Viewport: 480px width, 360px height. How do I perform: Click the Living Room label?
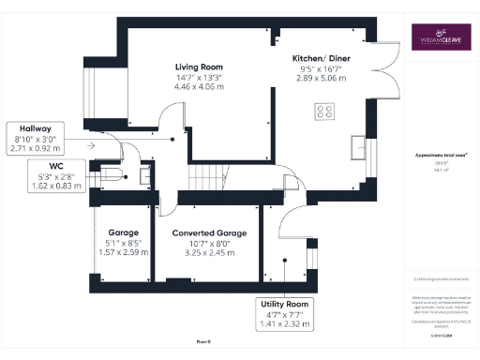[198, 67]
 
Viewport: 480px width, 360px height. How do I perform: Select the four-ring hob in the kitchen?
[324, 112]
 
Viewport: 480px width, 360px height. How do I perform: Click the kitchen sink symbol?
[359, 147]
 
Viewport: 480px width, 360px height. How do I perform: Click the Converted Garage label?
[209, 232]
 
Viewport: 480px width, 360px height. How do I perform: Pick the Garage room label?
[123, 232]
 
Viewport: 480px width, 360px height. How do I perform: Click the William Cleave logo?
[438, 39]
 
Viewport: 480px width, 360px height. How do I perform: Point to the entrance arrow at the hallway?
[90, 145]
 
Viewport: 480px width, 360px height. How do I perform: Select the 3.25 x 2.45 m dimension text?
[209, 252]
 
